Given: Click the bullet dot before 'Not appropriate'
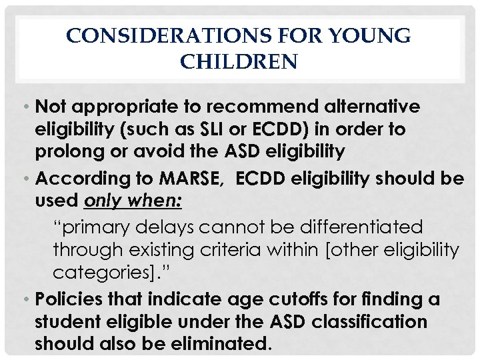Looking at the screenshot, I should (x=30, y=107).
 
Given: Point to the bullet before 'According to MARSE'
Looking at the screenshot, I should (x=30, y=179).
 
